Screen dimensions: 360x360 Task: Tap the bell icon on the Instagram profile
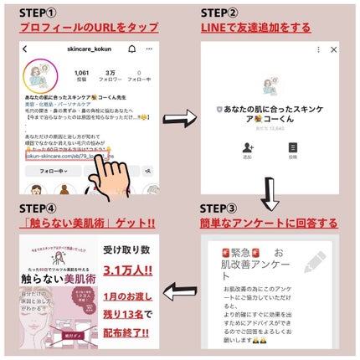(x=131, y=49)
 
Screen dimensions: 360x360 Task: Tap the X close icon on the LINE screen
(x=334, y=50)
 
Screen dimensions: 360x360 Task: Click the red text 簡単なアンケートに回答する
(x=270, y=224)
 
